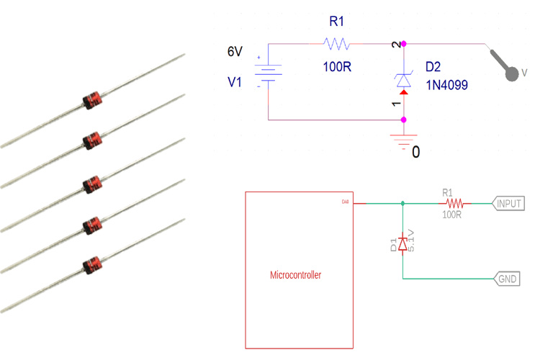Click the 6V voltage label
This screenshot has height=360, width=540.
click(235, 52)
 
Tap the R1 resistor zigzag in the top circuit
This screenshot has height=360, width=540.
click(337, 44)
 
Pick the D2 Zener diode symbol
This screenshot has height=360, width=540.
click(404, 80)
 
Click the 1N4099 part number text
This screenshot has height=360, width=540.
click(446, 85)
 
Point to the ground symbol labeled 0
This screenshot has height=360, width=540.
click(403, 140)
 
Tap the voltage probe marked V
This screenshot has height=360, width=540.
click(510, 71)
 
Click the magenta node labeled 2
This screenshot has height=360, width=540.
click(404, 44)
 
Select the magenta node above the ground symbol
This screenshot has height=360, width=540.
click(404, 120)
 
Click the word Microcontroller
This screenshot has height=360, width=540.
click(295, 275)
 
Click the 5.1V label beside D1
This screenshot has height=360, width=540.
click(411, 240)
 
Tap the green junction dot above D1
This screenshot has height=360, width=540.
click(402, 204)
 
